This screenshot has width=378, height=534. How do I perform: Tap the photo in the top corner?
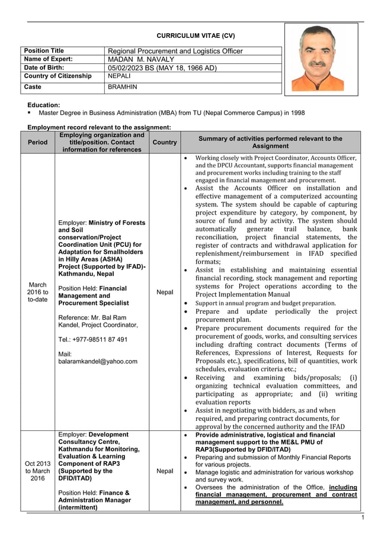coord(321,59)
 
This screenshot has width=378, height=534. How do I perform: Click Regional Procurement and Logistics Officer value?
coord(175,51)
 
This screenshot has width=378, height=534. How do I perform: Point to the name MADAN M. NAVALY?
coord(141,59)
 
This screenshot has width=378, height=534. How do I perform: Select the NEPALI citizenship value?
coord(121,76)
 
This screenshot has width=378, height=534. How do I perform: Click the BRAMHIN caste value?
coord(122,87)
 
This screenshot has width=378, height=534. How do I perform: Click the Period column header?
coord(38,142)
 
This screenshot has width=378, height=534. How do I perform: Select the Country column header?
coord(164,142)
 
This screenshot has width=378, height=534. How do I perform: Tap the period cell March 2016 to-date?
coord(38,292)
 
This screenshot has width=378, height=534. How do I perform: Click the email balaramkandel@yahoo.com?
coord(98,361)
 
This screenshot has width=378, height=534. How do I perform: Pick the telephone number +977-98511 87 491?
coord(92,339)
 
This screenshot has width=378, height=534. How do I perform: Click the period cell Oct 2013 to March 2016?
coord(38,471)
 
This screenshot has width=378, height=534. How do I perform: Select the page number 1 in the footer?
coord(363,518)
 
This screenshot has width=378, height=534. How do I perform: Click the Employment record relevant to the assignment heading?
coord(100,127)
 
